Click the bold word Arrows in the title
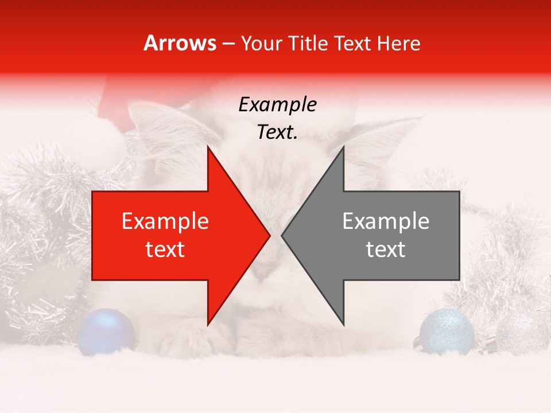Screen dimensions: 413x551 (x=180, y=44)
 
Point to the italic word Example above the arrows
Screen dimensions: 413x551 (x=277, y=105)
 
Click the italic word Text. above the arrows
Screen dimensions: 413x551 (x=277, y=133)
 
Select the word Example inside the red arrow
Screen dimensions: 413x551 (x=165, y=221)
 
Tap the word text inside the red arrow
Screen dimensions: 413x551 (x=165, y=250)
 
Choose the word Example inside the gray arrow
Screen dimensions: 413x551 (x=386, y=221)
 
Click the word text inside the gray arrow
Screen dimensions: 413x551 (x=386, y=250)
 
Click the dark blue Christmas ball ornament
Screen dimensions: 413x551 (x=106, y=332)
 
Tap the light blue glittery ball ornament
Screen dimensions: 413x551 (x=447, y=331)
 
